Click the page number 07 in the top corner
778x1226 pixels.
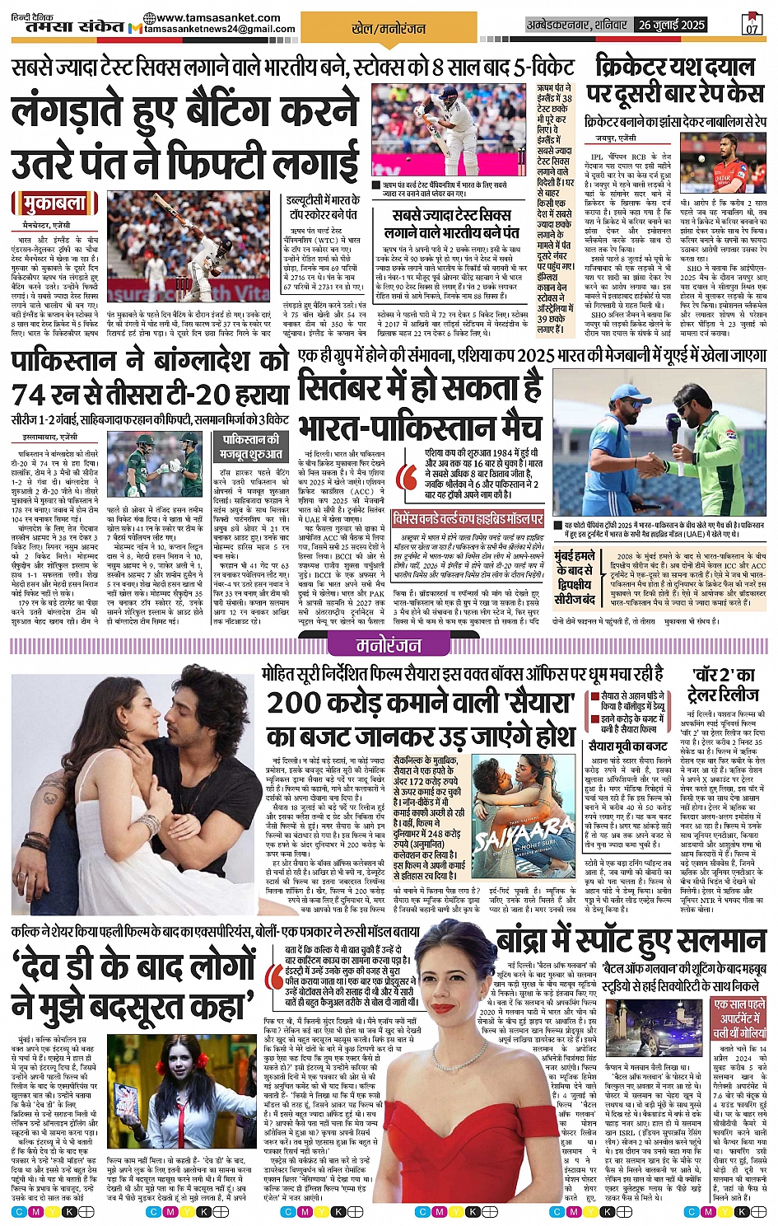click(752, 26)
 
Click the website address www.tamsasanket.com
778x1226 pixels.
click(212, 17)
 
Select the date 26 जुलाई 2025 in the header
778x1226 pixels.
click(672, 25)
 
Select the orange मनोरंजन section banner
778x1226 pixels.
click(389, 645)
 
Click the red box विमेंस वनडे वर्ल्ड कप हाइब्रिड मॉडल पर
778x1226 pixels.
click(468, 520)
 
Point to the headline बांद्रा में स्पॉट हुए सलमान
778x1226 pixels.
click(630, 942)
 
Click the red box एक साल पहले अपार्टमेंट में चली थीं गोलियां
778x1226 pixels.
click(738, 1018)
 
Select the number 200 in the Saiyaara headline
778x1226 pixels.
click(299, 703)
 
